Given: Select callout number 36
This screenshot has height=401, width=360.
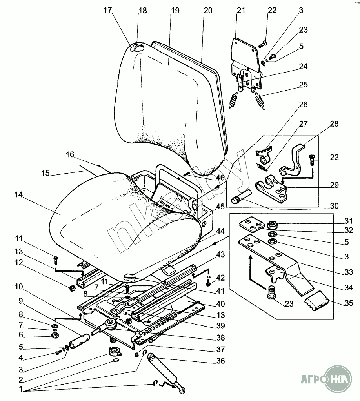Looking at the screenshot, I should click(x=221, y=361).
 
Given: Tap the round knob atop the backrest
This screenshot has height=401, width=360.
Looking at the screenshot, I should click(x=137, y=48).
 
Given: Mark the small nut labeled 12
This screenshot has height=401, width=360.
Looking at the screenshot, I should click(x=71, y=289).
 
